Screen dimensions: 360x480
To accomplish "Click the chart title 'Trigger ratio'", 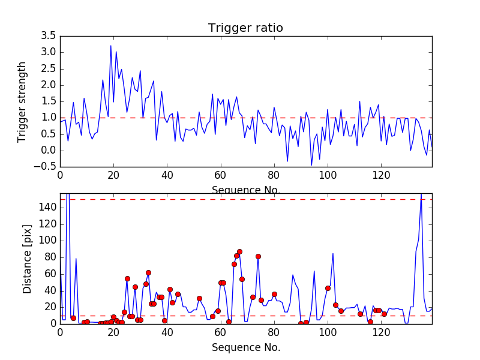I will (x=245, y=28).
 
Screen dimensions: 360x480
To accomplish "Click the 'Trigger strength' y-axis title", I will (x=22, y=101).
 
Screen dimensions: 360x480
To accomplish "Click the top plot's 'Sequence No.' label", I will (x=246, y=190).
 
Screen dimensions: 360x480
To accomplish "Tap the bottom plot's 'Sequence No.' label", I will (x=246, y=347).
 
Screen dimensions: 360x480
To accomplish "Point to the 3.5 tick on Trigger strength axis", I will (x=47, y=36).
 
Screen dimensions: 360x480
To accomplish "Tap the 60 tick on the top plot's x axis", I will (x=220, y=176).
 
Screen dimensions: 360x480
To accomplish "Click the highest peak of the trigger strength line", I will (x=111, y=46).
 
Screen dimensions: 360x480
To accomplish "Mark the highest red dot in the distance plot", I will (x=239, y=252).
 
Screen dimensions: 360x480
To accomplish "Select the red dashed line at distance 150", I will (x=240, y=199).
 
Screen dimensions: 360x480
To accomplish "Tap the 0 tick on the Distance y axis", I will (x=52, y=323).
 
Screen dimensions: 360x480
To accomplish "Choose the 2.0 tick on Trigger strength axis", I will (x=47, y=85).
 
